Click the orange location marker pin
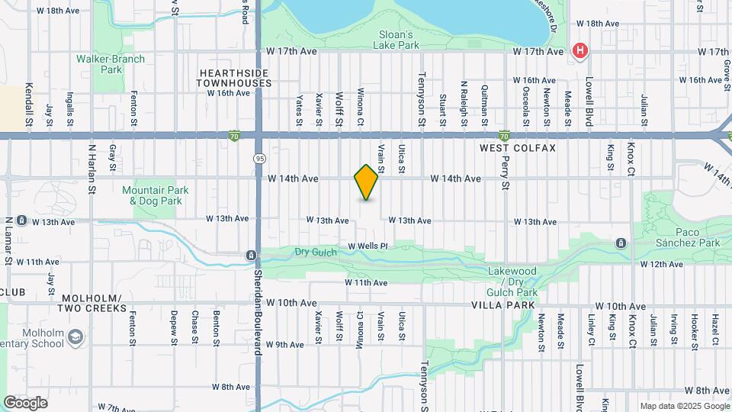[x=367, y=182]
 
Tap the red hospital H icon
[x=580, y=50]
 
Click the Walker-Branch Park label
[x=99, y=63]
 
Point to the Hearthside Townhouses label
[x=235, y=78]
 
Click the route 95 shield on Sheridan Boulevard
[x=259, y=158]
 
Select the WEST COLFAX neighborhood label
[x=518, y=146]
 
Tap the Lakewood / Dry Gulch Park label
[x=512, y=282]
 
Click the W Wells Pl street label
[x=368, y=246]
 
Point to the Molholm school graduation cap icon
[x=75, y=336]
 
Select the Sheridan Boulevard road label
[x=258, y=312]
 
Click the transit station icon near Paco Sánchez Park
[x=621, y=243]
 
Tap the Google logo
[x=25, y=403]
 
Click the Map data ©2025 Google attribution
[x=684, y=406]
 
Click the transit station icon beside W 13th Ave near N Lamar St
[x=22, y=221]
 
